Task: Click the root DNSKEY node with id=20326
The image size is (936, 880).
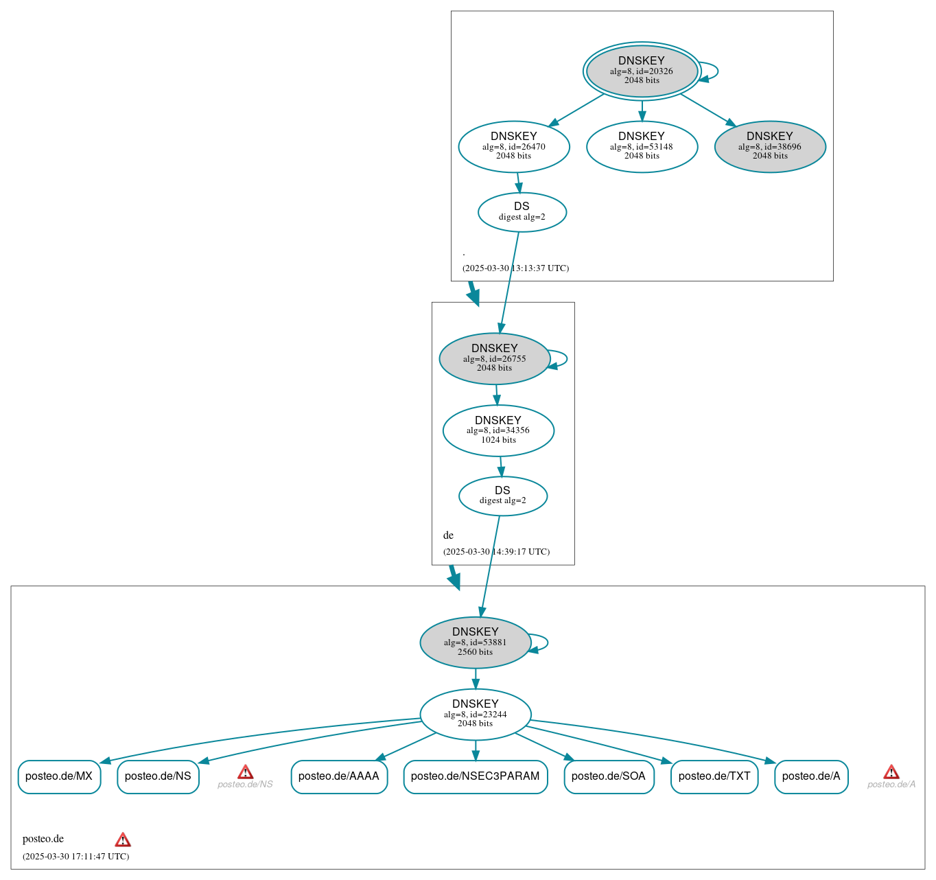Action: coord(642,71)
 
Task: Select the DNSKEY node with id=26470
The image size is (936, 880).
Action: coord(514,146)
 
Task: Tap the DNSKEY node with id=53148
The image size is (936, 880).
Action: coord(642,146)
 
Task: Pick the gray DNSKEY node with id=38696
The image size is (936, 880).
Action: coord(770,146)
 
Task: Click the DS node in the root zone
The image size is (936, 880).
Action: coord(522,212)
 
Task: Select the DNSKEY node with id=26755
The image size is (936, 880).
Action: coord(495,358)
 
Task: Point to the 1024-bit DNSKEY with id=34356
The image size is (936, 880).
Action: coord(498,430)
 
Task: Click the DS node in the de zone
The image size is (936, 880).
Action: coord(502,496)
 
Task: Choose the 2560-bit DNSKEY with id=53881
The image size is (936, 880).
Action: coord(476,642)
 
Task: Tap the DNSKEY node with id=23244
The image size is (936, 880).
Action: coord(476,714)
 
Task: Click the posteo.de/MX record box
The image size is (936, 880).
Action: coord(59,776)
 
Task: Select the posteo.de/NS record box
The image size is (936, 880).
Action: coord(158,776)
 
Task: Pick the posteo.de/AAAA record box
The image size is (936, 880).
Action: coord(339,776)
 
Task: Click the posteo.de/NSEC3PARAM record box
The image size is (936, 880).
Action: coord(476,776)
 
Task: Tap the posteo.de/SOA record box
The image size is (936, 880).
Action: coord(609,776)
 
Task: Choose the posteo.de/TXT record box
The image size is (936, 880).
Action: coord(714,776)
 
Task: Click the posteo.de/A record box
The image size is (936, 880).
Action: coord(811,776)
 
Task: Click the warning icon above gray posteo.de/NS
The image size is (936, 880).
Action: coord(245,772)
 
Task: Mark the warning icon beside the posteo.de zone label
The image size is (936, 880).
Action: coord(123,840)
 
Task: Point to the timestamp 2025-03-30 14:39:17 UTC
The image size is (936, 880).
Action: coord(496,551)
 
